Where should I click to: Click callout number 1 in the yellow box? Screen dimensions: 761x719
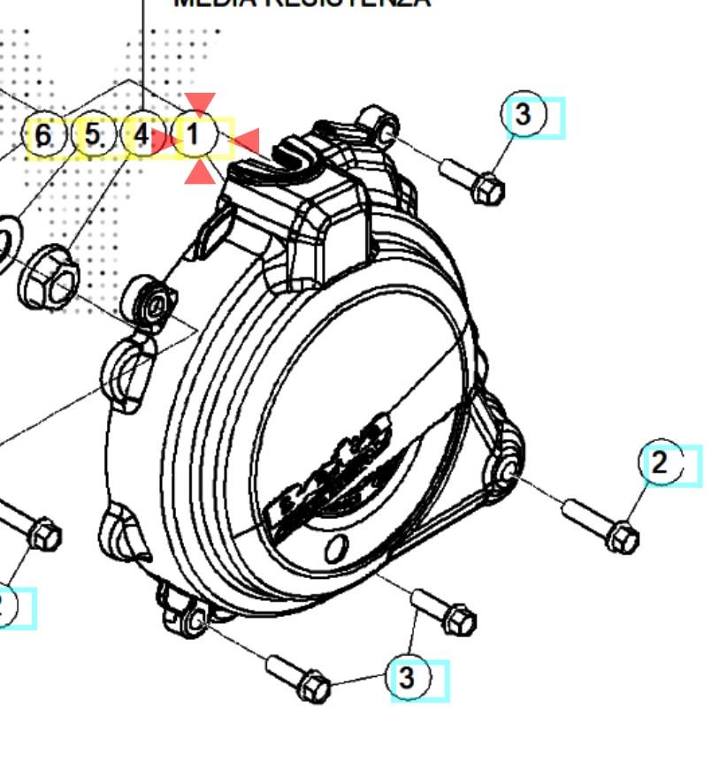tap(195, 137)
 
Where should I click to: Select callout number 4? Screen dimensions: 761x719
tap(142, 137)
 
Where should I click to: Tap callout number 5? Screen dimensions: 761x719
tap(93, 137)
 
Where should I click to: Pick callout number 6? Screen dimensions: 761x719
tap(44, 137)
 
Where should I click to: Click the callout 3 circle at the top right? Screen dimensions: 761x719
tap(524, 114)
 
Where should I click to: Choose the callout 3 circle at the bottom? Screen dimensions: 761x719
tap(407, 678)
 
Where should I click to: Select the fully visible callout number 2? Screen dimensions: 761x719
tap(661, 462)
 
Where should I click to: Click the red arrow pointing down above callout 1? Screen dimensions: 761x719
tap(200, 104)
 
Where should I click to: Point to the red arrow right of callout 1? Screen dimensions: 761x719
tap(245, 141)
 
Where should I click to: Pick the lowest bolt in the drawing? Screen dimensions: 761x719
tap(299, 677)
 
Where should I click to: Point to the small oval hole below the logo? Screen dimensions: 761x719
tap(335, 550)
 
